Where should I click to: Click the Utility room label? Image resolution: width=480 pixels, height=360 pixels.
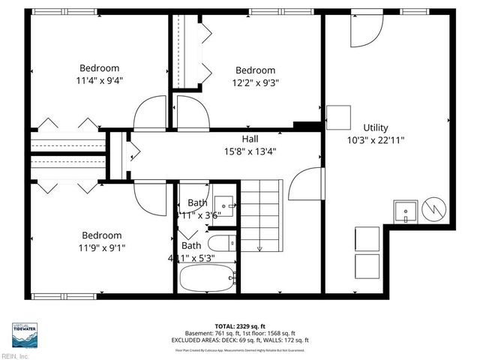(376, 127)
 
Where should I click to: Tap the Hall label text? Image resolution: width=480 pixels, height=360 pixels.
(250, 139)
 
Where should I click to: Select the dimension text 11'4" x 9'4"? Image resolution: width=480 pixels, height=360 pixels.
(98, 79)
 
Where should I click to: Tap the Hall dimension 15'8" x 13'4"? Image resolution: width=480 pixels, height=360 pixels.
(250, 151)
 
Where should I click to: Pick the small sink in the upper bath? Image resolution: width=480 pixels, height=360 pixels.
(223, 205)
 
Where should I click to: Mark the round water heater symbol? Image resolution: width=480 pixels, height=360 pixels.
(435, 209)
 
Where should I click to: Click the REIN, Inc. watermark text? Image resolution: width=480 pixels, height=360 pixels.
(15, 356)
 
